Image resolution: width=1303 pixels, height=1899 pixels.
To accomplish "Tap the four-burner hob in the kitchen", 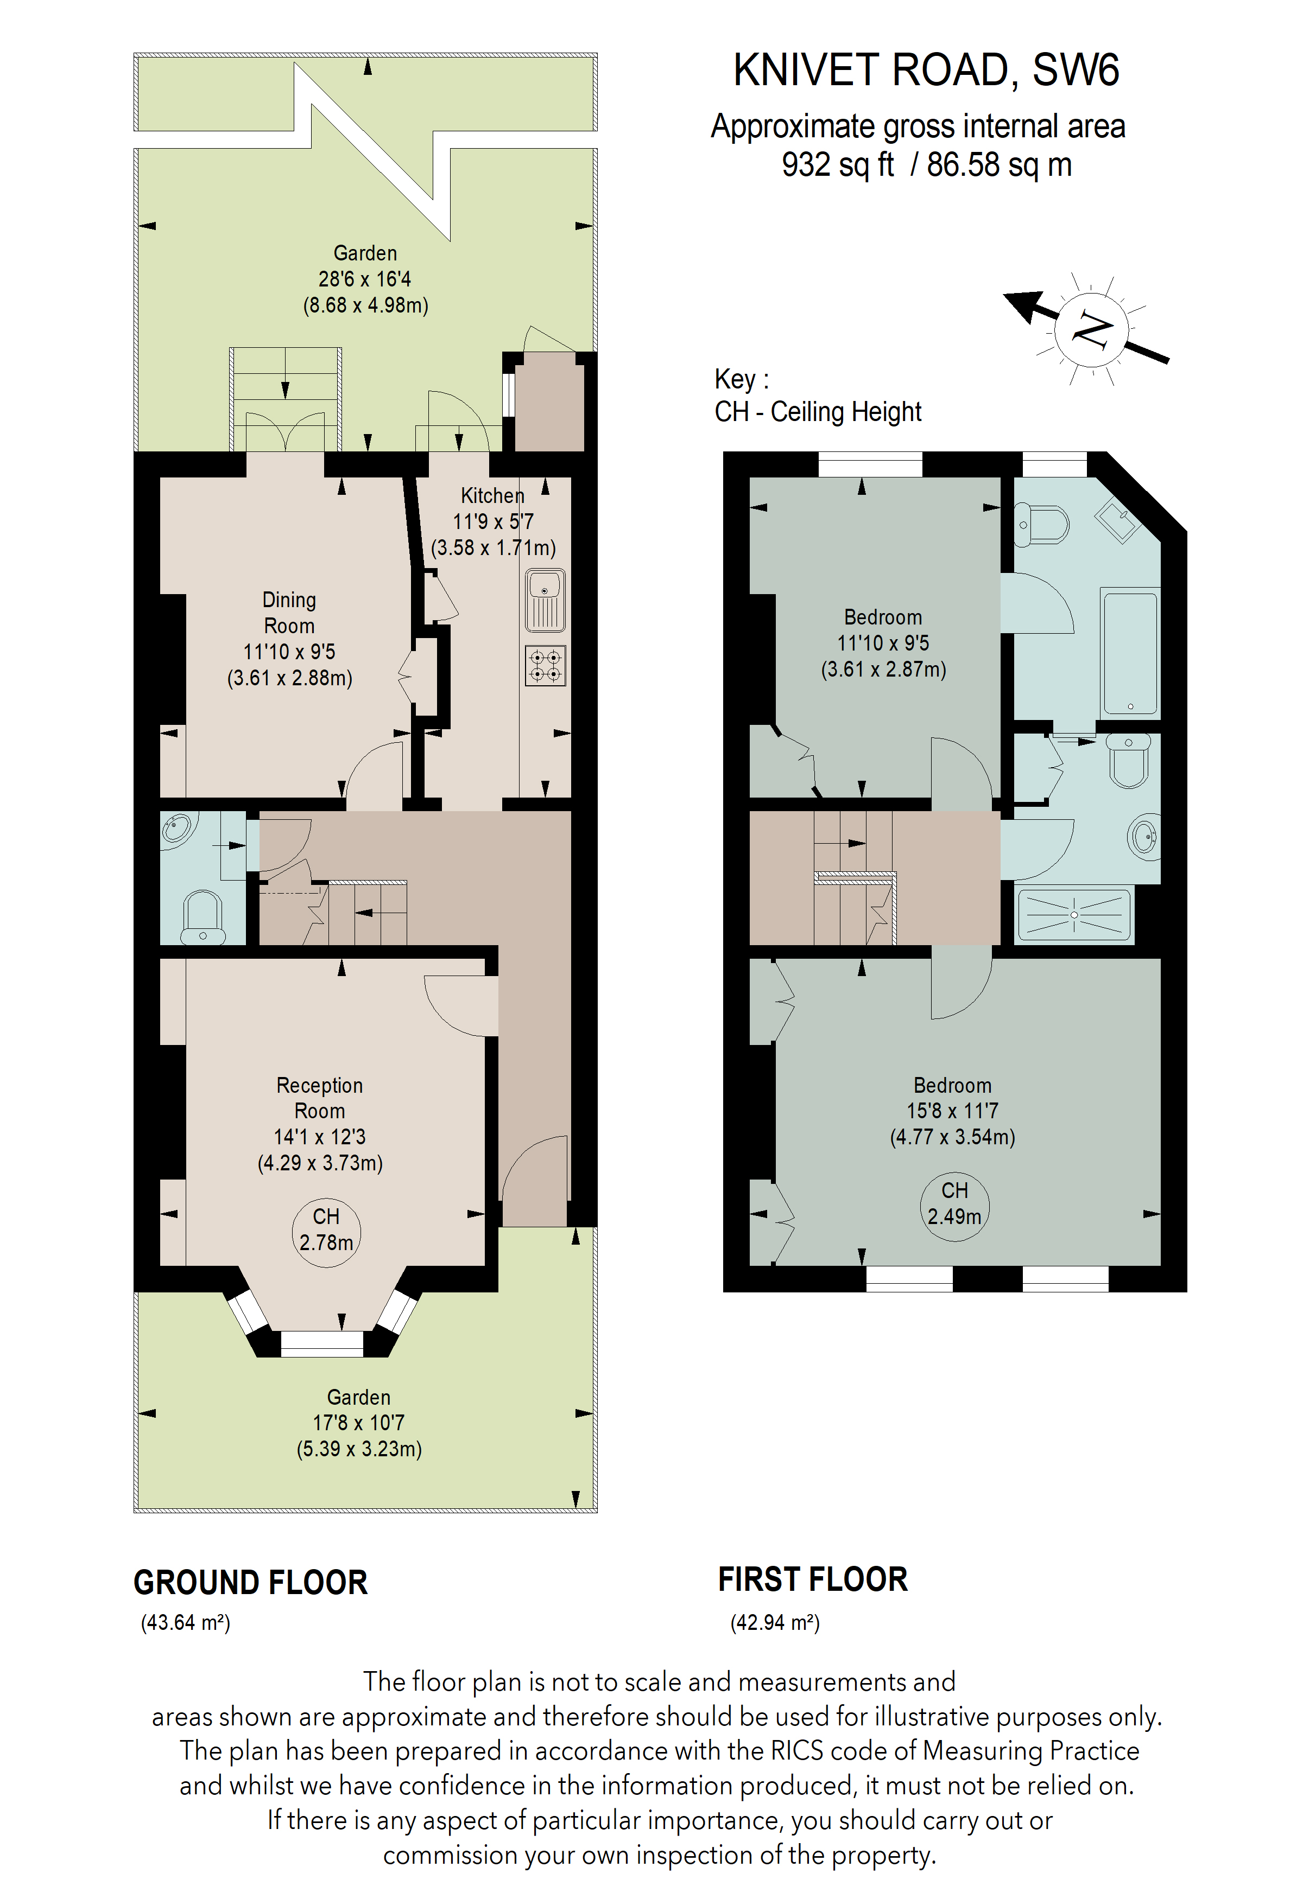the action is pos(545,665).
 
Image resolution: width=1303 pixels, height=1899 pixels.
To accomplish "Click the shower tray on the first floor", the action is pos(1074,914).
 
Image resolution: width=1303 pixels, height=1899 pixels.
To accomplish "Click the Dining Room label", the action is pos(289,613).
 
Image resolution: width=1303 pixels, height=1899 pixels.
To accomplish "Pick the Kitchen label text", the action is pos(492,495).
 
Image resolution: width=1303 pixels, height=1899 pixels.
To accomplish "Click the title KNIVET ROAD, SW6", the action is pos(925,71).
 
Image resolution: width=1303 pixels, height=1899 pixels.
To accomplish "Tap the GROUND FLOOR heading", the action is pos(250,1583).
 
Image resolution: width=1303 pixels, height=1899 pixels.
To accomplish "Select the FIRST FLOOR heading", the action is pos(813,1579).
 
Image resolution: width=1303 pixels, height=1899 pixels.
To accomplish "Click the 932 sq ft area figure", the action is pos(838,165).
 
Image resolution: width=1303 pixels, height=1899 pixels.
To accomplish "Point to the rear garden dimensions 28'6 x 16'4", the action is pos(365,279).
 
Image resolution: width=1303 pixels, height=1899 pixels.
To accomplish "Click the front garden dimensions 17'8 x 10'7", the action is pos(359,1423).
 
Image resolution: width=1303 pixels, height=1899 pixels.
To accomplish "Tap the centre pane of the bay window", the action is pos(322,1344).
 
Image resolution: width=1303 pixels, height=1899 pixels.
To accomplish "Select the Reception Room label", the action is pos(320,1098).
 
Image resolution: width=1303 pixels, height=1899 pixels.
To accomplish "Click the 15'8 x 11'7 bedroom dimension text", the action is pos(952,1111).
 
